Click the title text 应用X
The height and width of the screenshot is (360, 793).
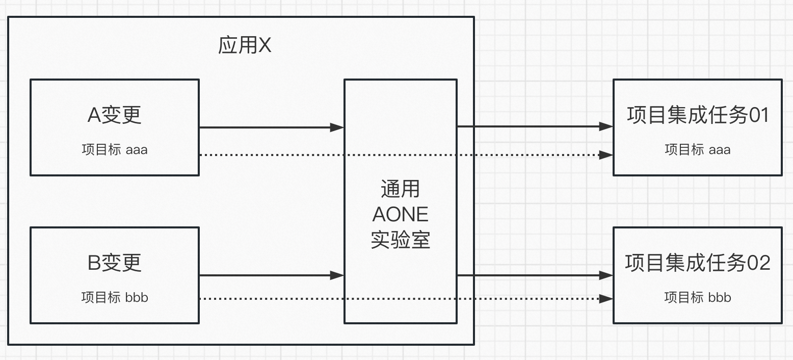(x=245, y=46)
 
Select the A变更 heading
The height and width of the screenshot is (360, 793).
(x=114, y=115)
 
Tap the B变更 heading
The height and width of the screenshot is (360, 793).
(x=114, y=263)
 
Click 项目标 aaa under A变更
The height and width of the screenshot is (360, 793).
(x=114, y=150)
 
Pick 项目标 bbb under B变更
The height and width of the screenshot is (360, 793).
(x=114, y=297)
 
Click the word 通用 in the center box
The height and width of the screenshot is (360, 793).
(x=400, y=189)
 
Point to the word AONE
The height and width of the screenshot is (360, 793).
(x=400, y=214)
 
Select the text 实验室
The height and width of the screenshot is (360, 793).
(x=400, y=239)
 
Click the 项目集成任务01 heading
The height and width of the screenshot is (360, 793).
(x=697, y=115)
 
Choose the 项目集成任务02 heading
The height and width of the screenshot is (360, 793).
(x=697, y=263)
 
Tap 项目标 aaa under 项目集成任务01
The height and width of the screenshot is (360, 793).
(x=697, y=150)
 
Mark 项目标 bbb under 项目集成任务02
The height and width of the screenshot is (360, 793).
(x=697, y=297)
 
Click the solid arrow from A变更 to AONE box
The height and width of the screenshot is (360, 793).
(x=265, y=127)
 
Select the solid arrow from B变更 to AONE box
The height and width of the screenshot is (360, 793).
(x=265, y=275)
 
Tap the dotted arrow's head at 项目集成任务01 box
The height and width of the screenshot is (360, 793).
(x=606, y=155)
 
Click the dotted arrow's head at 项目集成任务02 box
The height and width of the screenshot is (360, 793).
(x=606, y=298)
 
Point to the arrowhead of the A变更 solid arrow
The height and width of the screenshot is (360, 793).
(x=337, y=127)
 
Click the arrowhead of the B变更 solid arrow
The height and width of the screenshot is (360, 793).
(x=337, y=275)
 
